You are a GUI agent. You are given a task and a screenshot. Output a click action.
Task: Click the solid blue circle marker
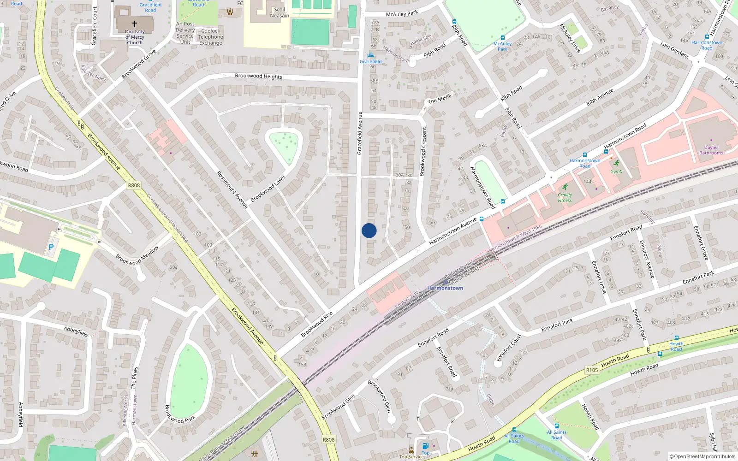tap(369, 230)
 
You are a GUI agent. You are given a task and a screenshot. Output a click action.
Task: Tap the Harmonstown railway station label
tap(445, 288)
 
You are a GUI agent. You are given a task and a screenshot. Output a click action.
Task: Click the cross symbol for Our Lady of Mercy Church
tap(135, 24)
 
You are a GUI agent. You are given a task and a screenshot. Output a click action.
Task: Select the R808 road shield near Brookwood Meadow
tap(134, 185)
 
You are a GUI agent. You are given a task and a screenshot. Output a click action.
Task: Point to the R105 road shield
tap(592, 370)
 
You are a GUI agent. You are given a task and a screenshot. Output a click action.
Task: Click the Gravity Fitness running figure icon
tap(565, 187)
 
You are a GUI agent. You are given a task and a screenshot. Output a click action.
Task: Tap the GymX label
tap(616, 171)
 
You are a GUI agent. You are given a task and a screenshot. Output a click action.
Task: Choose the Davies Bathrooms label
tap(711, 150)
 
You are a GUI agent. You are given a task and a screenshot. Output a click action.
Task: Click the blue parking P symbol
tap(51, 247)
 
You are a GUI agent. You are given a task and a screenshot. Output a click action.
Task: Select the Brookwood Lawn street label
tap(268, 189)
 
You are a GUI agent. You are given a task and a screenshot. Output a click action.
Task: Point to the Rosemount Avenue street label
tap(232, 189)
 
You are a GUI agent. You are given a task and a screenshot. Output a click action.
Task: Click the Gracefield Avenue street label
tap(360, 133)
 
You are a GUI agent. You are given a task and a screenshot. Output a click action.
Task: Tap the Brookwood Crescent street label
tap(423, 152)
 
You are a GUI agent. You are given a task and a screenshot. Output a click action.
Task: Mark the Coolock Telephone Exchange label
tap(211, 37)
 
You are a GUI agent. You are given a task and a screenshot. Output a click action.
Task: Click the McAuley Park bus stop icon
tap(502, 38)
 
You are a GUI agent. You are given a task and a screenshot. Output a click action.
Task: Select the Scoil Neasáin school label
tap(280, 12)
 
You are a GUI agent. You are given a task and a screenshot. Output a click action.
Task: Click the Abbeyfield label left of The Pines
tap(21, 414)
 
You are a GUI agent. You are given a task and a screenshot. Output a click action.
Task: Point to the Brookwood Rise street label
tap(317, 325)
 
